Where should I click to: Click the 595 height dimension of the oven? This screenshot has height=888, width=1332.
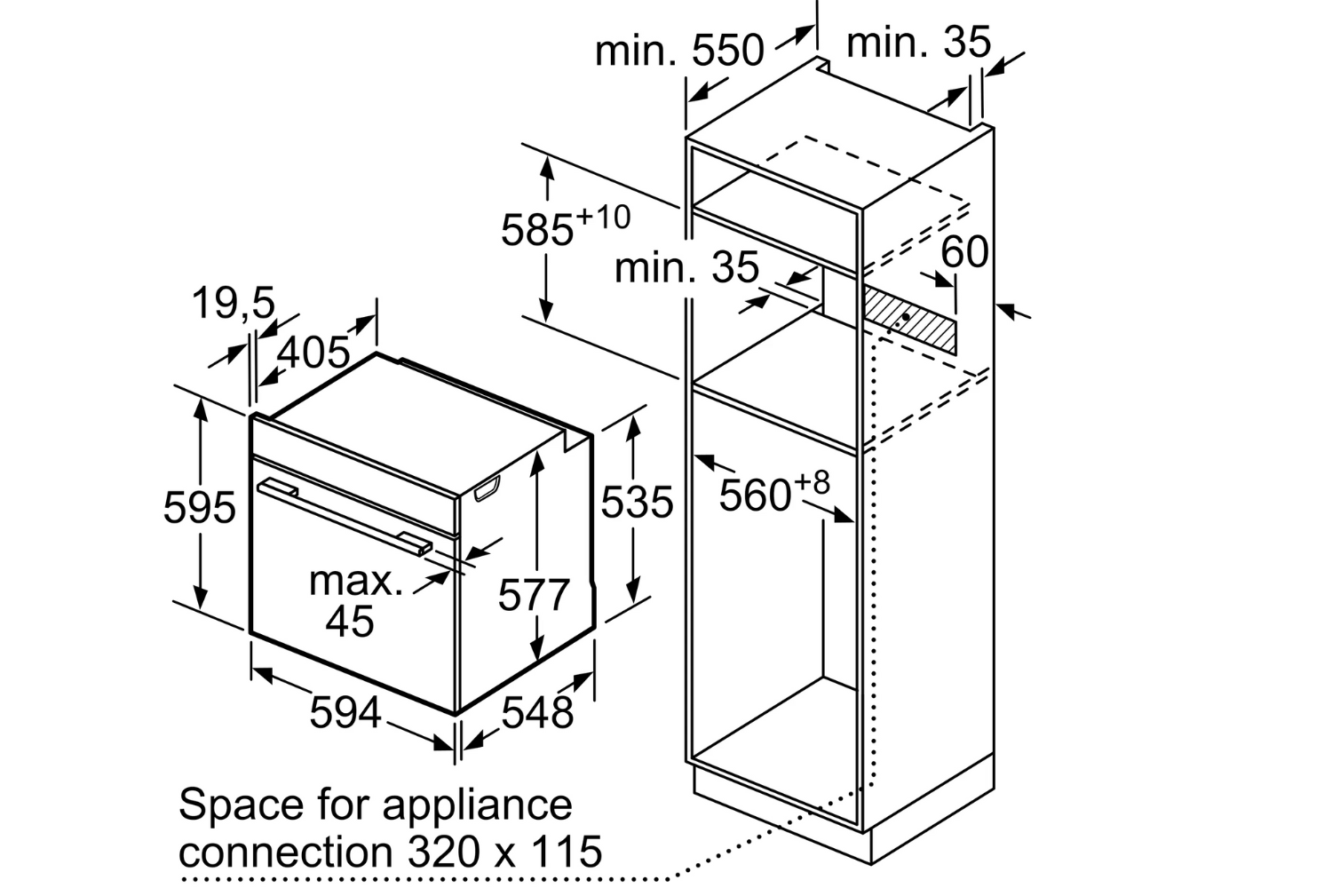(200, 508)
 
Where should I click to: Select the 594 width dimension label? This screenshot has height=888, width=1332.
(345, 712)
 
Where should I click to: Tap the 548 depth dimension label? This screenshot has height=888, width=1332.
(537, 712)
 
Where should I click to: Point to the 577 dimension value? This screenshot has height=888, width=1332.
(533, 594)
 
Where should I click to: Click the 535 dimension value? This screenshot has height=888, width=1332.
(637, 503)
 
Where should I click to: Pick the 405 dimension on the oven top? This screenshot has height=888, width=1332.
(313, 353)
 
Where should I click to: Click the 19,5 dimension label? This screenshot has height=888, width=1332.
(234, 305)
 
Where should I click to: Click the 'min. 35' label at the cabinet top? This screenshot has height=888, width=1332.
(918, 42)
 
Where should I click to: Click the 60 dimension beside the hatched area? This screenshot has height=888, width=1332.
(964, 252)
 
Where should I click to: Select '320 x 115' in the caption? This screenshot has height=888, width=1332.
(505, 852)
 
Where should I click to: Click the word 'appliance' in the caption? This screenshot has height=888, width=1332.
(477, 805)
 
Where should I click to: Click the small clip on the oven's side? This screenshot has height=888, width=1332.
(487, 488)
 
